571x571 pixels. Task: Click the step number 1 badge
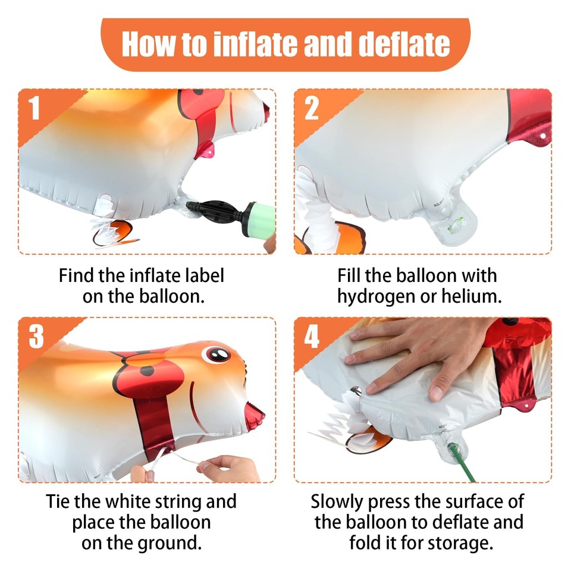[34, 108]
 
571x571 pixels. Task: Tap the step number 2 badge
[311, 108]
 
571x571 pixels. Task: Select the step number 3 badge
[36, 337]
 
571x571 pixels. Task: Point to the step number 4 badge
[312, 337]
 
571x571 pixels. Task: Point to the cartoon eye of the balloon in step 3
[217, 354]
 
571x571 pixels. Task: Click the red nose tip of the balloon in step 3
[255, 415]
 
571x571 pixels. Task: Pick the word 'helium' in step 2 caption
[471, 296]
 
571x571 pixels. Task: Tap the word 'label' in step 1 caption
[204, 275]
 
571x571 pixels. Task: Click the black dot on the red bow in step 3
[147, 371]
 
